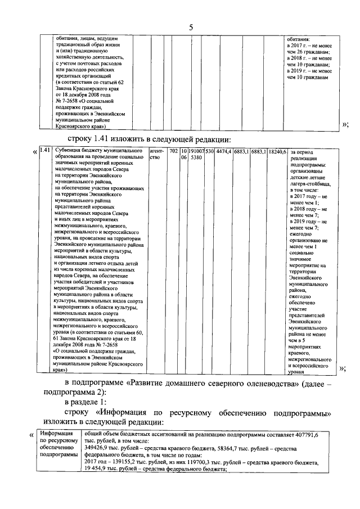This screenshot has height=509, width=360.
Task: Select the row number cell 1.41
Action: point(47,151)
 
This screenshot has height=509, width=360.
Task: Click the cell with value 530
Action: point(209,151)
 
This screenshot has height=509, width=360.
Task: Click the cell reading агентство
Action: point(156,154)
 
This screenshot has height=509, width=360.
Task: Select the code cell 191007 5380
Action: point(196,154)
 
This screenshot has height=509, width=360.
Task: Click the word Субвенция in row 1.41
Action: point(71,151)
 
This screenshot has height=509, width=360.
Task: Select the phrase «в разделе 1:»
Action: point(88,403)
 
